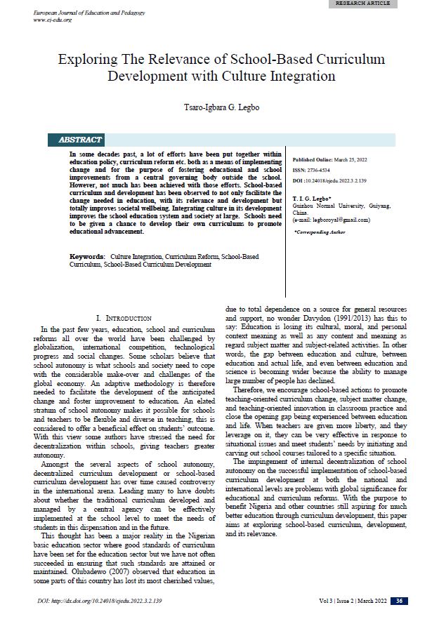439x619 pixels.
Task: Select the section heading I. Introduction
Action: pyautogui.click(x=126, y=318)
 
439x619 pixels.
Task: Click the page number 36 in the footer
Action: pyautogui.click(x=398, y=601)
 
